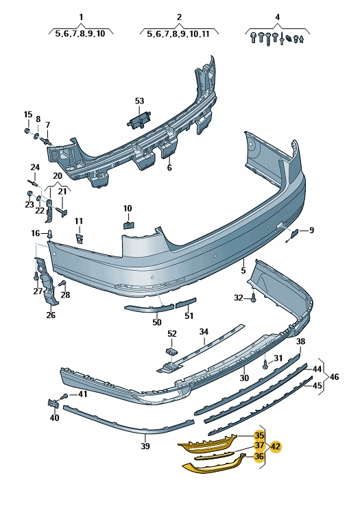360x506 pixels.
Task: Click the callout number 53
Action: pyautogui.click(x=139, y=101)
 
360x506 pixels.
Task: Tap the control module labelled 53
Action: pyautogui.click(x=140, y=121)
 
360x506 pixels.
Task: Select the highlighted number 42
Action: pyautogui.click(x=276, y=447)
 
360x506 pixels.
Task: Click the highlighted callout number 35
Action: pyautogui.click(x=259, y=435)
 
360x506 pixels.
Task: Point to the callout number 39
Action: pyautogui.click(x=145, y=446)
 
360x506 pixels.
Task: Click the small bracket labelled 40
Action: pyautogui.click(x=53, y=403)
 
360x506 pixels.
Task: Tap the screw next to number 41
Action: pyautogui.click(x=64, y=396)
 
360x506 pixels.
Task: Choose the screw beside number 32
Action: pyautogui.click(x=254, y=298)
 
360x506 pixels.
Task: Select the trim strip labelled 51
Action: pyautogui.click(x=186, y=303)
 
